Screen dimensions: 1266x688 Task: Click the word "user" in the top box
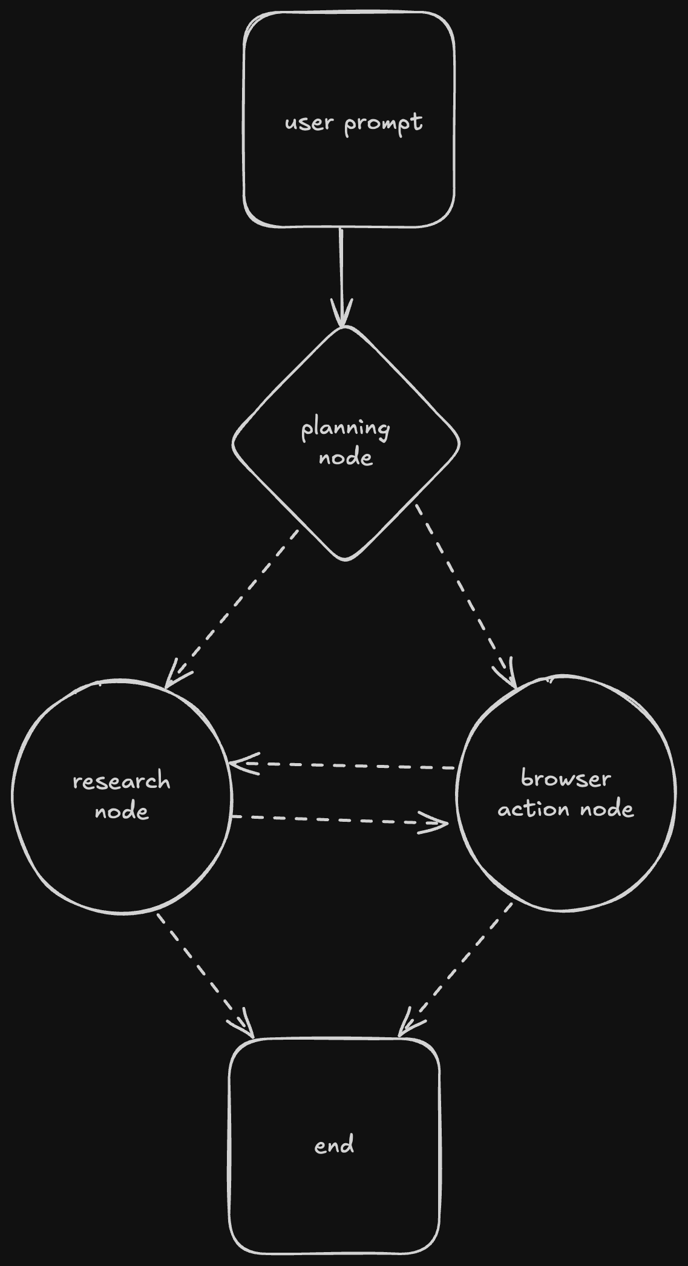pyautogui.click(x=309, y=123)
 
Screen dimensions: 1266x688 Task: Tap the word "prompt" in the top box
pyautogui.click(x=383, y=124)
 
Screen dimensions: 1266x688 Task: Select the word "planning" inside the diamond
pyautogui.click(x=346, y=429)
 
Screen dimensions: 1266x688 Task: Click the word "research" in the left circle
pyautogui.click(x=122, y=781)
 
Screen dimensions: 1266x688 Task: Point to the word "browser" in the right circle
pyautogui.click(x=566, y=779)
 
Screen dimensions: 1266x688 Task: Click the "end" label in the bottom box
pyautogui.click(x=334, y=1146)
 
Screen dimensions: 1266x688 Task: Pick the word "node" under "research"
pyautogui.click(x=122, y=812)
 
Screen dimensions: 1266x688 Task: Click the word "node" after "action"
pyautogui.click(x=607, y=809)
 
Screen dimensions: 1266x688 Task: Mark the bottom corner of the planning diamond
pyautogui.click(x=346, y=558)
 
